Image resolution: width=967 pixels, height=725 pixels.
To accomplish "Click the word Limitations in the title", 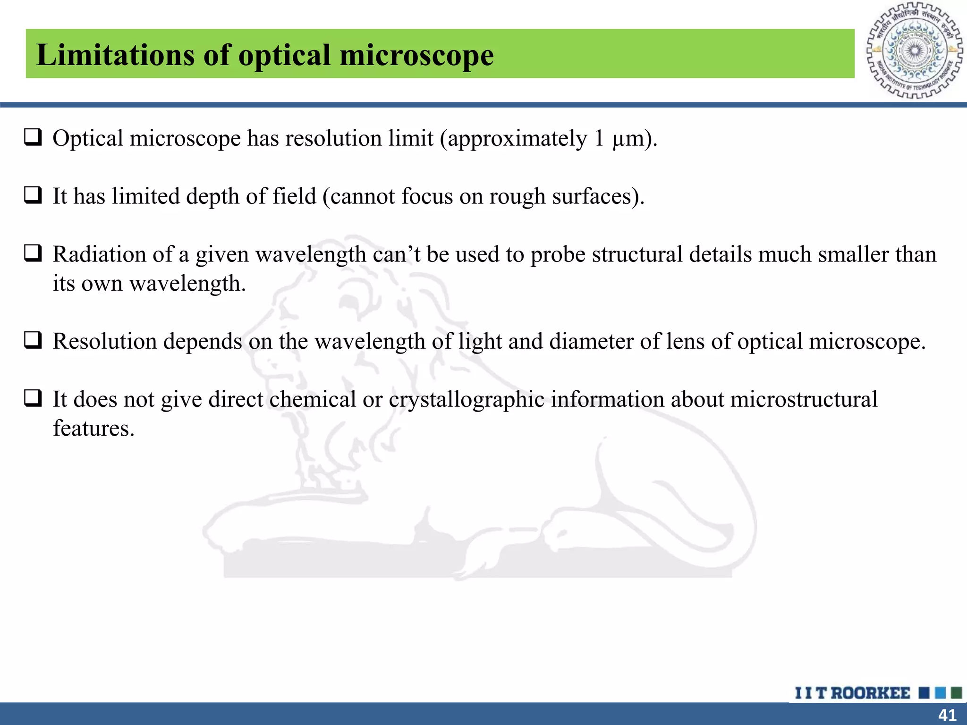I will (x=115, y=55).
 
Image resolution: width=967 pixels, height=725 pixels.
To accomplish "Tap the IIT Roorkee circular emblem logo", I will (x=914, y=51).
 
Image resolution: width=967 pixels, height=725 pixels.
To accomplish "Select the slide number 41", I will (x=947, y=715).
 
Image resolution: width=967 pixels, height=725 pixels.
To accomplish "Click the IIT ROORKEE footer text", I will (x=852, y=693).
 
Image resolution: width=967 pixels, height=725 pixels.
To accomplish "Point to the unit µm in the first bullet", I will (x=628, y=139).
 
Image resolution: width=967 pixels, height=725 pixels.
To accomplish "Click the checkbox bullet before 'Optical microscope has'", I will (x=33, y=137).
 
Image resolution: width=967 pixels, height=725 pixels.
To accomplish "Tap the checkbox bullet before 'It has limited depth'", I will (x=33, y=195).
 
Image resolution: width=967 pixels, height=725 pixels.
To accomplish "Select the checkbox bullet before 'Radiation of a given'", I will (x=33, y=253).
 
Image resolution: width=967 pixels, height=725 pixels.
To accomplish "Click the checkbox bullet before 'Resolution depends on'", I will (x=33, y=340).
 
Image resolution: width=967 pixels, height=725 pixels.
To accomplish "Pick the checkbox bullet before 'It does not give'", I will (x=33, y=398).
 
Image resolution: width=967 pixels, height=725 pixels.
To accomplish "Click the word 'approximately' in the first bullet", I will (x=517, y=139).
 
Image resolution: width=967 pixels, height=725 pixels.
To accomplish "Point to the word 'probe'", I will (x=558, y=255).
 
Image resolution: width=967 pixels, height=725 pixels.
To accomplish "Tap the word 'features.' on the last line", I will (x=93, y=428).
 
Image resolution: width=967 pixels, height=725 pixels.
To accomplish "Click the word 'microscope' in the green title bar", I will (x=416, y=56).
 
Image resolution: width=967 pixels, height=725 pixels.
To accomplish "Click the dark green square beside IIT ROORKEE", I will (x=956, y=693).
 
